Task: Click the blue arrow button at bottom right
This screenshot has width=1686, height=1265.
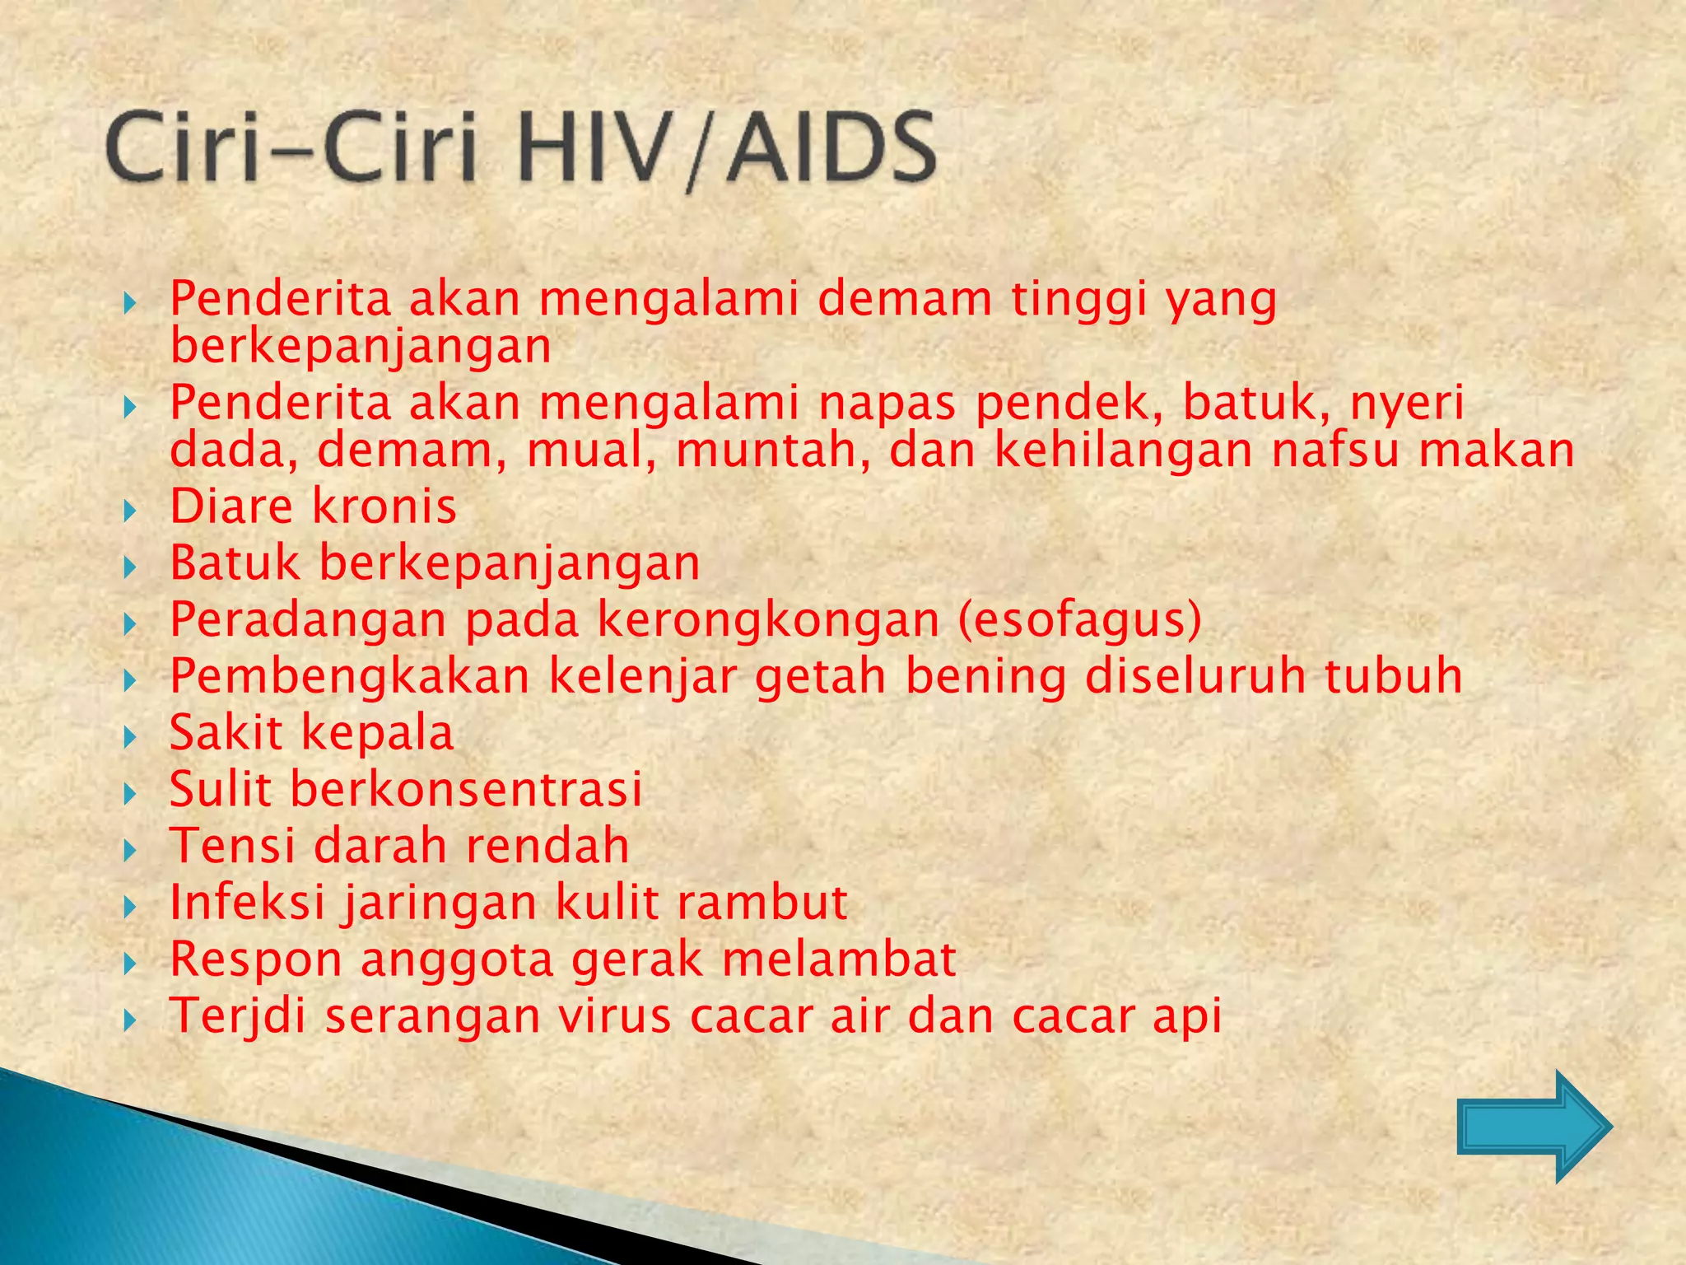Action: coord(1533,1126)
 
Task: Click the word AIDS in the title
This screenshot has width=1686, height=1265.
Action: coord(831,149)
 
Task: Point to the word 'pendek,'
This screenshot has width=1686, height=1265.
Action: coord(1069,404)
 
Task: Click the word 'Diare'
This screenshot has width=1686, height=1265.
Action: coord(231,506)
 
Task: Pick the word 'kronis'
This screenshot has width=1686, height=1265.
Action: coord(387,506)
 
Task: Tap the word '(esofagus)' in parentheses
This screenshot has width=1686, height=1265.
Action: coord(1079,620)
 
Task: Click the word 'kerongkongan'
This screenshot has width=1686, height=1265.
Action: coord(768,620)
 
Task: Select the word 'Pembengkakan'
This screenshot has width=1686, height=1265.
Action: coord(349,676)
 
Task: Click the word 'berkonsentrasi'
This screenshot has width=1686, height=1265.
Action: coord(466,789)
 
